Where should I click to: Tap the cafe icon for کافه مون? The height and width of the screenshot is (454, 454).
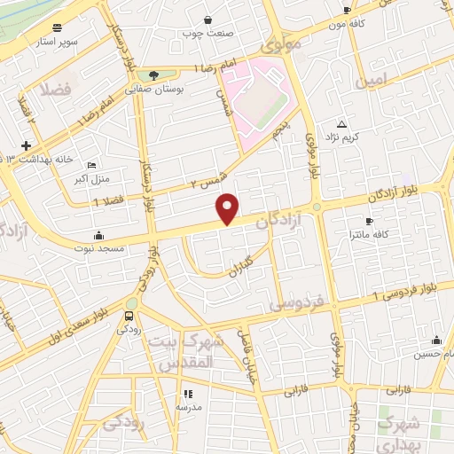click(347, 10)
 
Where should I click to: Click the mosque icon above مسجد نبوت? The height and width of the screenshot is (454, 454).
click(97, 236)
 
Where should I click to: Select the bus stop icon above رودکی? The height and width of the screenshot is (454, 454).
click(130, 315)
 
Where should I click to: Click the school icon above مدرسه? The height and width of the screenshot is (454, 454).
click(187, 393)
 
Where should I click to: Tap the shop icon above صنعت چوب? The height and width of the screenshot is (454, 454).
click(207, 19)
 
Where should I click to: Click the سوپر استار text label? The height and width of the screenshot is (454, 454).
click(58, 42)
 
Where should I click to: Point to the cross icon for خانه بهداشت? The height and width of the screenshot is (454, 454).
click(27, 145)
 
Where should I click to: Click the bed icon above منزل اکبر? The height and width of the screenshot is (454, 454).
click(92, 165)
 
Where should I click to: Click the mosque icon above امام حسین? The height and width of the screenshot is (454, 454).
click(436, 340)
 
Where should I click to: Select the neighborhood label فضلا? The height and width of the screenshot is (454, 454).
click(53, 90)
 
